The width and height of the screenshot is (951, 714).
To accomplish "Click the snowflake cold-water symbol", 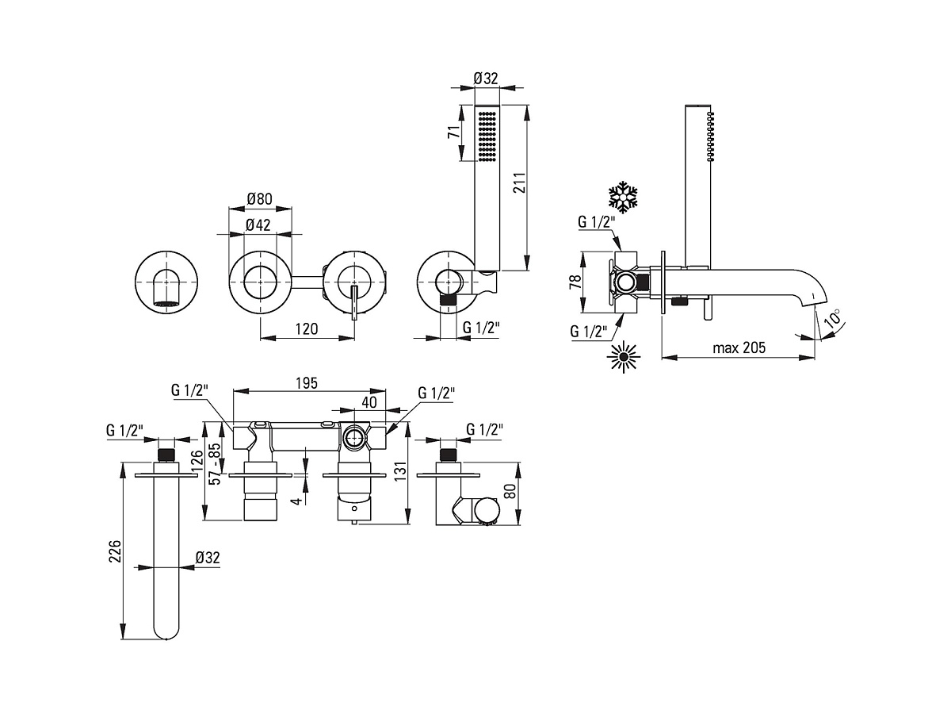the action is [624, 198].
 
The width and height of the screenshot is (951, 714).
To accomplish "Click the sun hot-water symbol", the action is [624, 357].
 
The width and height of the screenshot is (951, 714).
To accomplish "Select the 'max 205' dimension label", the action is [739, 347].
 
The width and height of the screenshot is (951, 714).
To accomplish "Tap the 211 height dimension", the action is [519, 182].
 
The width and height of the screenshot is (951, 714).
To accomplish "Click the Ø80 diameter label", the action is [259, 198].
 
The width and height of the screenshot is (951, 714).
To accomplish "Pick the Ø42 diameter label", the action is [258, 225].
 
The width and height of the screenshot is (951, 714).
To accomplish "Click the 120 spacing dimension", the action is [307, 328].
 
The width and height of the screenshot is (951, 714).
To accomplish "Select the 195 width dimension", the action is [307, 383].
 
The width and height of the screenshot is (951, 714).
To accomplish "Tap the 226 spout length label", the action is [115, 551].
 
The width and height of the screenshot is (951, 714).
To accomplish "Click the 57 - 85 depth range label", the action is [215, 463].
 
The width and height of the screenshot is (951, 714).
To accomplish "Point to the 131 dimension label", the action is [401, 473].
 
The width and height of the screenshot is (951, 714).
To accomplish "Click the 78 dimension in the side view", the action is [575, 282].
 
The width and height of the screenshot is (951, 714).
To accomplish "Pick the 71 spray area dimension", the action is [453, 132].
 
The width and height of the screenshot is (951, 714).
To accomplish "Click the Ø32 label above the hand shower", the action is [486, 79].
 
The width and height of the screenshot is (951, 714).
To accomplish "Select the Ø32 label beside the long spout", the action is [208, 557].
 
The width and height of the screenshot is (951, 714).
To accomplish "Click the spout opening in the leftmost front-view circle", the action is [166, 304].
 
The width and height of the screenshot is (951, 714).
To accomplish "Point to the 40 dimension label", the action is [369, 402].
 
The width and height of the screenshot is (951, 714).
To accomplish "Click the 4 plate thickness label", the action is [296, 501].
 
